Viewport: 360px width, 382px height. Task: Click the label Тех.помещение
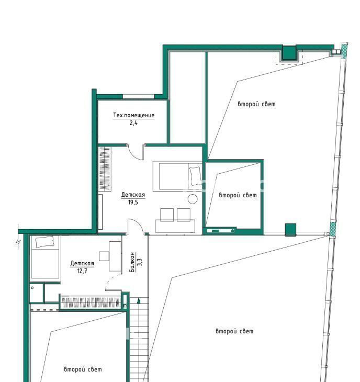tap(134, 115)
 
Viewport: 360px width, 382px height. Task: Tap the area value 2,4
tap(133, 123)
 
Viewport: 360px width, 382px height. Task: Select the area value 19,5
tap(133, 202)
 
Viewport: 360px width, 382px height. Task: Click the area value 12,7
tap(82, 271)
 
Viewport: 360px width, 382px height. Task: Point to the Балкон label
tap(132, 262)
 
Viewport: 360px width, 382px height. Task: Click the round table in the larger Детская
tap(193, 199)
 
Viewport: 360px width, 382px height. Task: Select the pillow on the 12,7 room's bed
tap(44, 242)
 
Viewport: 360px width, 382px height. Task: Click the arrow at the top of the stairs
tap(139, 300)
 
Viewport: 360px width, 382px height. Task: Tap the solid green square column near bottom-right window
tap(290, 230)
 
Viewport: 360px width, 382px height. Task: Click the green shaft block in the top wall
tap(289, 53)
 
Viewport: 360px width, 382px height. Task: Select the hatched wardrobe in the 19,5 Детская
tap(105, 169)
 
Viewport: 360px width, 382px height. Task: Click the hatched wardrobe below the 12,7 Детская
tap(91, 302)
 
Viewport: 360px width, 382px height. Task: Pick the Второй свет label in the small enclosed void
tap(238, 195)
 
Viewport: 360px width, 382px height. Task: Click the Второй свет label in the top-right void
tap(257, 104)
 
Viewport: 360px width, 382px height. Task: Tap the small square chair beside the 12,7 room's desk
tap(104, 256)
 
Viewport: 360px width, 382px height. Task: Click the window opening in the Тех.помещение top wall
tap(139, 96)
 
